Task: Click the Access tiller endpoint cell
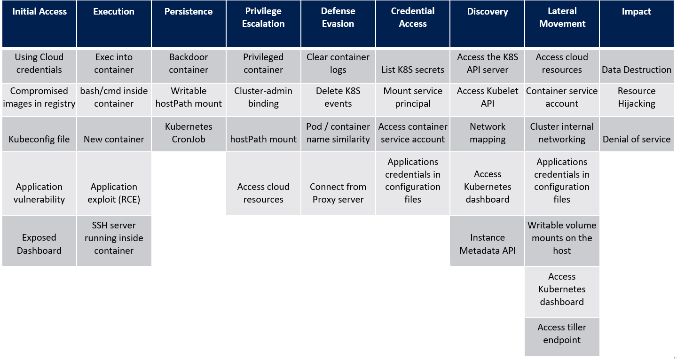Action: (562, 334)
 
